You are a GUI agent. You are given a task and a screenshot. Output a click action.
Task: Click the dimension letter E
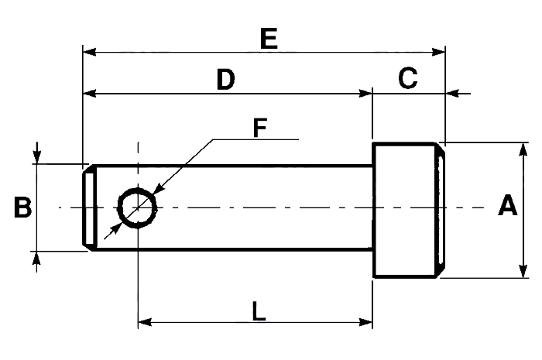click(x=269, y=39)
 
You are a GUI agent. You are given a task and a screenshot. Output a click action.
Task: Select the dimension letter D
click(x=226, y=79)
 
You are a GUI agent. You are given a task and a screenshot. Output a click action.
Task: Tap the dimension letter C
click(x=408, y=78)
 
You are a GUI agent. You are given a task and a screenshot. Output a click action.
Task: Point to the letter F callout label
click(x=260, y=128)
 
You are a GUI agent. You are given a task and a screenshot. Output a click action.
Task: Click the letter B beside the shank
click(x=22, y=207)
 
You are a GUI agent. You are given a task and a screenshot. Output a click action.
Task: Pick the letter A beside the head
click(x=507, y=205)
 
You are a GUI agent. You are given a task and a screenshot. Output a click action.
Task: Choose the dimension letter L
click(x=259, y=310)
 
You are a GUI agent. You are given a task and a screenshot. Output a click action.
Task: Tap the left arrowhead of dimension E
click(x=90, y=52)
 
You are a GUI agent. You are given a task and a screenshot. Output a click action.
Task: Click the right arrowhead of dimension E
click(x=438, y=52)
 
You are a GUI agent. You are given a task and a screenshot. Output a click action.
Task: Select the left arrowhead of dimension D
click(x=90, y=93)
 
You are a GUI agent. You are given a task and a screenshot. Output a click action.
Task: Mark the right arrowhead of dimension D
click(x=365, y=93)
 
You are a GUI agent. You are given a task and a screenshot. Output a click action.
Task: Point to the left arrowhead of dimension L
click(x=145, y=322)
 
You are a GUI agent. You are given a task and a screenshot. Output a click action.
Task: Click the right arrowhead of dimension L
click(x=365, y=322)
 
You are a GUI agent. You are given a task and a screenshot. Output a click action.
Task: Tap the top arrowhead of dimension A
click(x=523, y=149)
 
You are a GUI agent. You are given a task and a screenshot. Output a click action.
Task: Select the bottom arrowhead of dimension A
click(x=523, y=271)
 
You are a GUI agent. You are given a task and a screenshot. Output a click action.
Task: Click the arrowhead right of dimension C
click(x=452, y=93)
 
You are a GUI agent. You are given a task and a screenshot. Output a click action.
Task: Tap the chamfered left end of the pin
click(x=90, y=207)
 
